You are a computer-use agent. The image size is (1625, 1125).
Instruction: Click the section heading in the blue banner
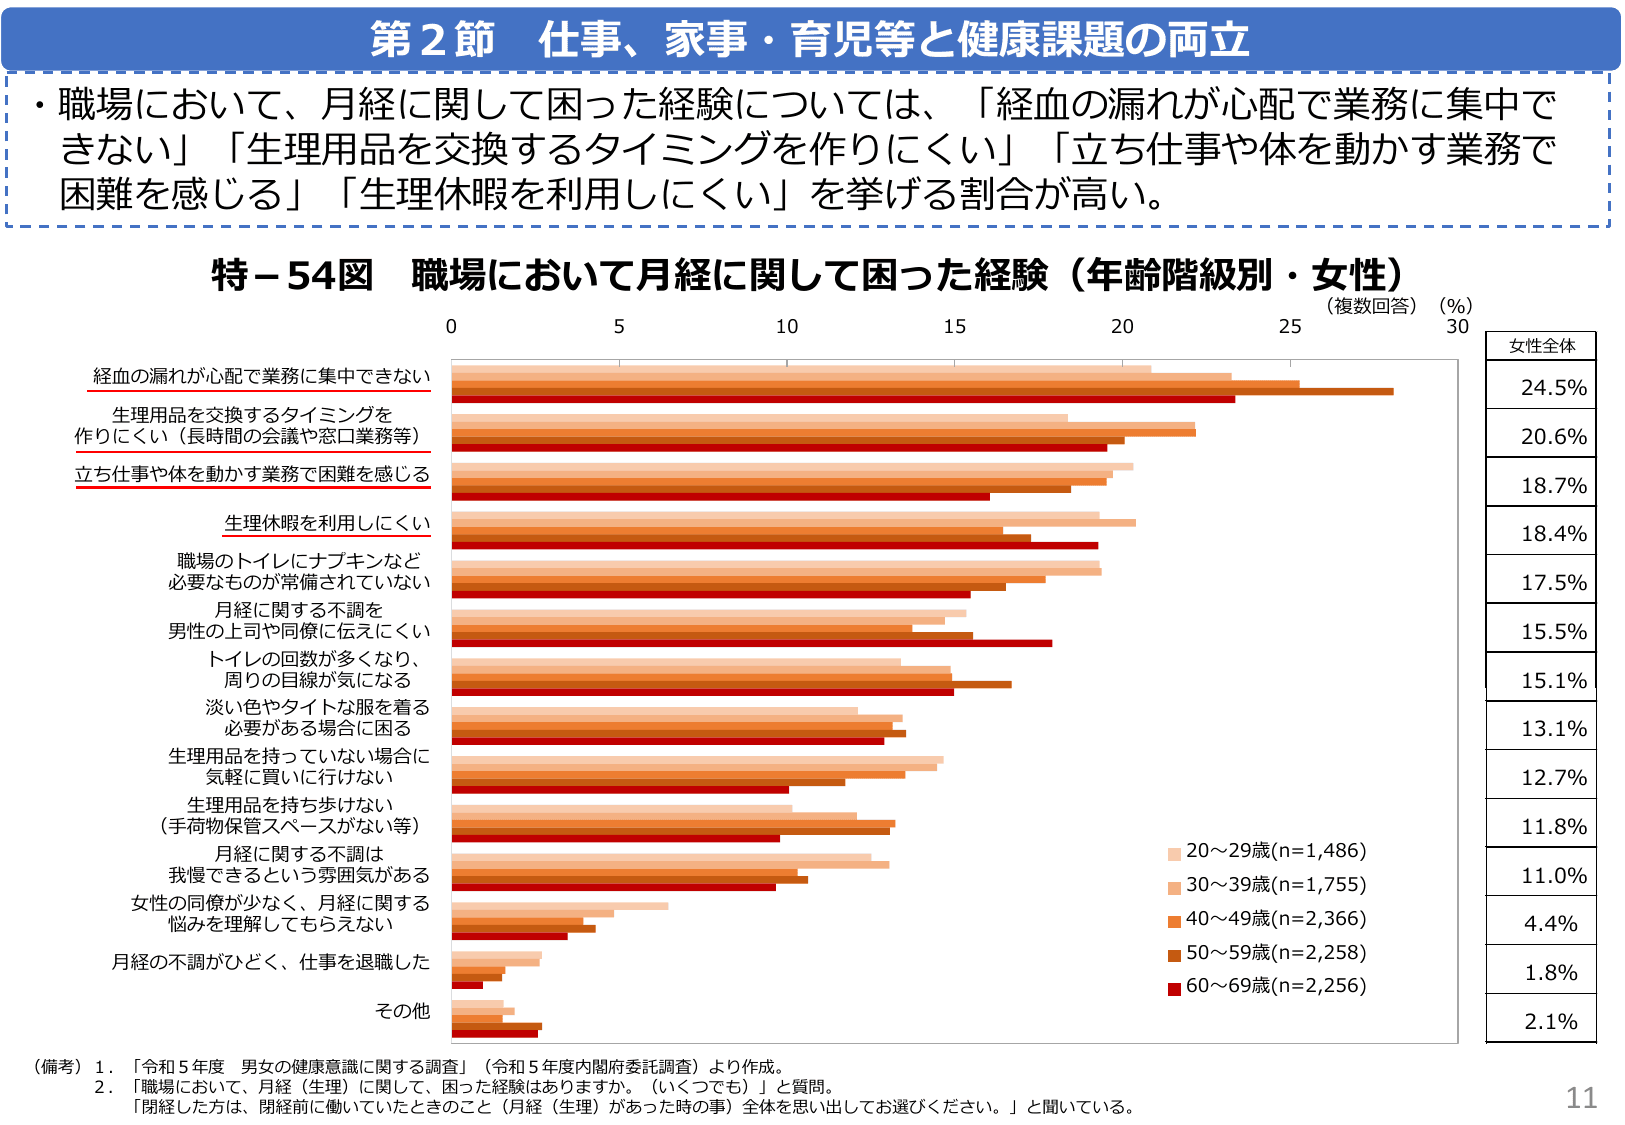pyautogui.click(x=810, y=40)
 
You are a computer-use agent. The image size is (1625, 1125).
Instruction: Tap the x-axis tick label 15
pyautogui.click(x=954, y=326)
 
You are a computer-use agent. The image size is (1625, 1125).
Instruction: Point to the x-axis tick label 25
pyautogui.click(x=1290, y=326)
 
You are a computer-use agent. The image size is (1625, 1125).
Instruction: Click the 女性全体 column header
pyautogui.click(x=1541, y=346)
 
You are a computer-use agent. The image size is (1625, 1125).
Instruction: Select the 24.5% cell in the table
pyautogui.click(x=1553, y=388)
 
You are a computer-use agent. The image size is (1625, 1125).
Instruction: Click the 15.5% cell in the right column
pyautogui.click(x=1553, y=632)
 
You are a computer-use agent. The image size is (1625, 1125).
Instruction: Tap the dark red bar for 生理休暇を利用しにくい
pyautogui.click(x=774, y=546)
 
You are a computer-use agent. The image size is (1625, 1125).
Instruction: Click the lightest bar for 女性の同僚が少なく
pyautogui.click(x=559, y=906)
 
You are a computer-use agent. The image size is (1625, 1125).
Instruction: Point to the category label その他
pyautogui.click(x=402, y=1011)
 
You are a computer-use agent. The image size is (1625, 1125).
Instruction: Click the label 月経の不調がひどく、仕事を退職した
pyautogui.click(x=270, y=962)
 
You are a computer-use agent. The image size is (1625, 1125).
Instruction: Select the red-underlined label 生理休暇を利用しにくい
pyautogui.click(x=327, y=523)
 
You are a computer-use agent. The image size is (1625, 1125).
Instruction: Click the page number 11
pyautogui.click(x=1581, y=1098)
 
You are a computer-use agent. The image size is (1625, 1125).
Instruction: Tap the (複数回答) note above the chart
pyautogui.click(x=1371, y=306)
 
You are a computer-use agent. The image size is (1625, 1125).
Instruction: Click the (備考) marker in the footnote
pyautogui.click(x=57, y=1067)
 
